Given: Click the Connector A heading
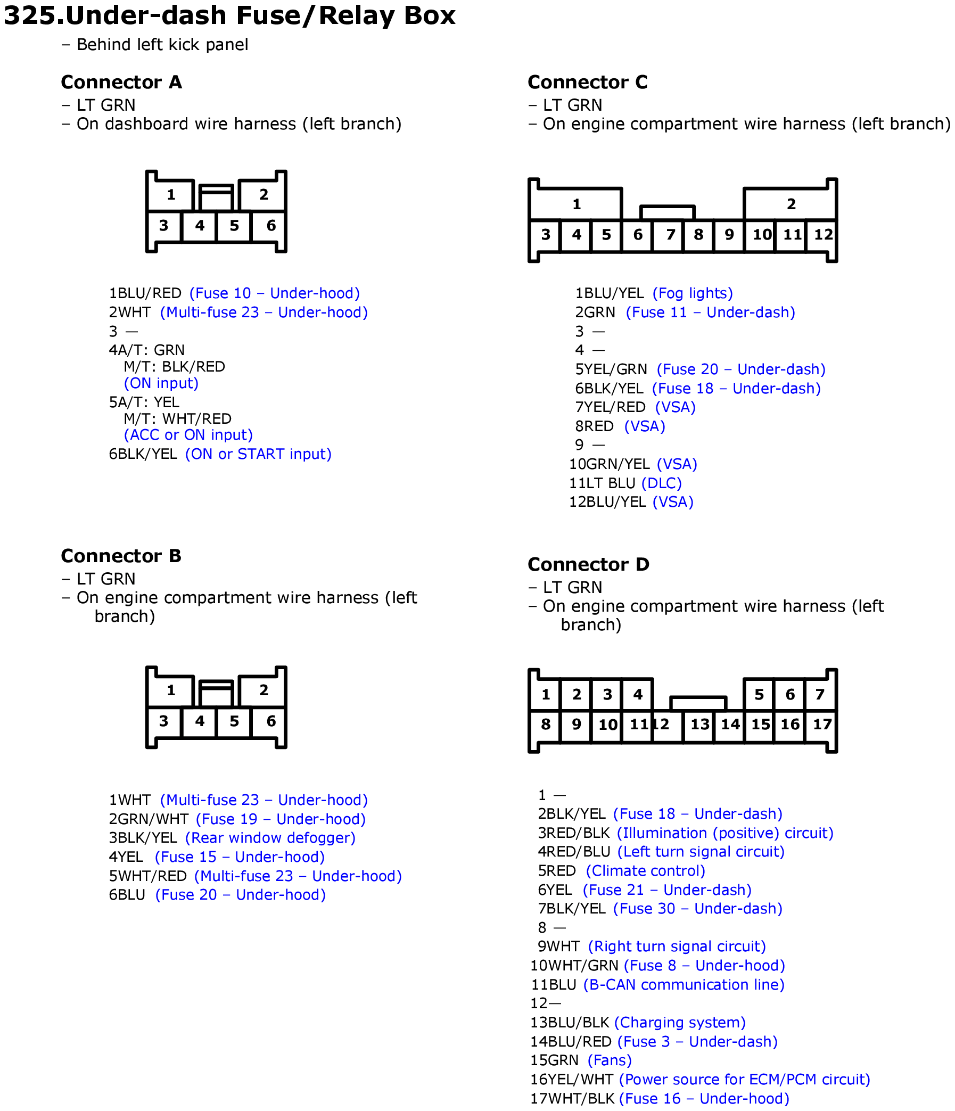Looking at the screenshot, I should pyautogui.click(x=121, y=83).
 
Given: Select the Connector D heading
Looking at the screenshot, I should pyautogui.click(x=588, y=565).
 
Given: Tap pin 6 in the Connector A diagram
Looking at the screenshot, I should pyautogui.click(x=271, y=226).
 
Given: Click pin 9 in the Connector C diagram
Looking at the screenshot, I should pyautogui.click(x=729, y=235).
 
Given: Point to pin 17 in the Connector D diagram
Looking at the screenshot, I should pyautogui.click(x=822, y=725).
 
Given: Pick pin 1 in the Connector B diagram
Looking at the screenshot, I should pyautogui.click(x=171, y=690).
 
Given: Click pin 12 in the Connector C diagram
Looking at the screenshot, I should pyautogui.click(x=823, y=235).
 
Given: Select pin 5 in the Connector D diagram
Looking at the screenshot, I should pyautogui.click(x=759, y=695).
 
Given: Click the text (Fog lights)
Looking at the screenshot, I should pyautogui.click(x=692, y=293).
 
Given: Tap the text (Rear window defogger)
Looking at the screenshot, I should pyautogui.click(x=270, y=838).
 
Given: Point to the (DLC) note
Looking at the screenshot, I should pyautogui.click(x=661, y=484).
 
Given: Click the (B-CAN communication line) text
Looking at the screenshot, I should pyautogui.click(x=684, y=985).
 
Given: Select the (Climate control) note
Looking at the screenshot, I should pyautogui.click(x=645, y=871).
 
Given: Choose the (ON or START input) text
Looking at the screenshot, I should pyautogui.click(x=258, y=454).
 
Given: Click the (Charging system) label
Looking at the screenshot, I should pyautogui.click(x=679, y=1023).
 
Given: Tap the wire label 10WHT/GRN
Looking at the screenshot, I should pyautogui.click(x=574, y=966).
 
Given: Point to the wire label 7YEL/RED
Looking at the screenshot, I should pyautogui.click(x=610, y=408).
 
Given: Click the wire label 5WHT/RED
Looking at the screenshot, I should pyautogui.click(x=148, y=876).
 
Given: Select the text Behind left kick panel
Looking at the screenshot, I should pyautogui.click(x=162, y=45).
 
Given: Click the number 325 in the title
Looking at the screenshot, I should pyautogui.click(x=30, y=15).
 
